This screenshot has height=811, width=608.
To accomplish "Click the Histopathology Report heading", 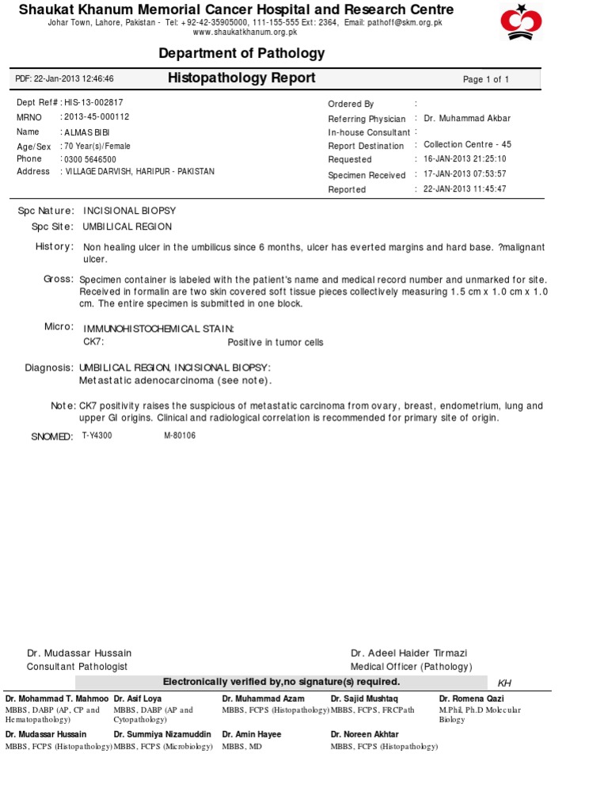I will pos(241,78).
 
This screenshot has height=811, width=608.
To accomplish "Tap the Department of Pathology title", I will pos(241,53).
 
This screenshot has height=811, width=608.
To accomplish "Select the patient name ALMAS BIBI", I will pos(88,132).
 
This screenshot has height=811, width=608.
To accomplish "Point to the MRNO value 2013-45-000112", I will pos(97,117).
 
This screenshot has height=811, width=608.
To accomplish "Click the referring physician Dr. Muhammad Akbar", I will pos(467,118).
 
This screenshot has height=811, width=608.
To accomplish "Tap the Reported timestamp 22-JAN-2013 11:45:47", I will pos(465,189).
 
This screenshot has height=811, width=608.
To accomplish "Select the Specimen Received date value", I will pos(465,174).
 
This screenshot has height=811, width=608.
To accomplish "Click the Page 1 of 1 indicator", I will pos(486,79).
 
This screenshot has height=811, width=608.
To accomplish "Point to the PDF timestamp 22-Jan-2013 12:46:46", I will pos(65,79).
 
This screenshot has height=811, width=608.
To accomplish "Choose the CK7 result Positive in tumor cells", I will pos(275,343).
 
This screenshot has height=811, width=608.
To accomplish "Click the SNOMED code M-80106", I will pos(180,436).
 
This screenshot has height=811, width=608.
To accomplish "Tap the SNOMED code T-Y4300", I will pos(97,436).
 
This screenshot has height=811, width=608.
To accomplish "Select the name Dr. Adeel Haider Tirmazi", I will pos(408,653).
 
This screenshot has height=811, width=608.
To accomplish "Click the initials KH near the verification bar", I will pos(504,683).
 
